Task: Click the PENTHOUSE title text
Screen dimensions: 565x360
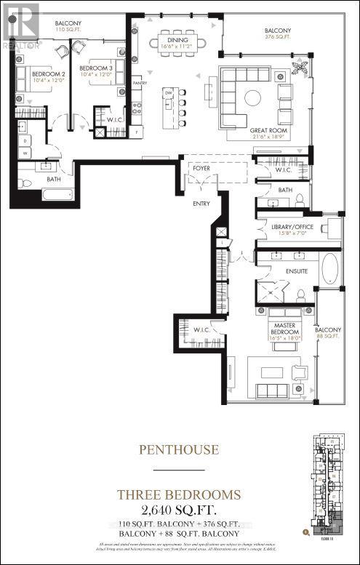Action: point(179,449)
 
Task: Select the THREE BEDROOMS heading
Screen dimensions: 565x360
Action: point(179,494)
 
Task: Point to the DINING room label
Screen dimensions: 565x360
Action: point(177,40)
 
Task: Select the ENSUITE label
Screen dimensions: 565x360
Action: point(296,271)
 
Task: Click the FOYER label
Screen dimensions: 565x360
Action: point(201,169)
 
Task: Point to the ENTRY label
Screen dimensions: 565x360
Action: point(201,204)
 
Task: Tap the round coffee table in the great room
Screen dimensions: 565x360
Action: point(252,97)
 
